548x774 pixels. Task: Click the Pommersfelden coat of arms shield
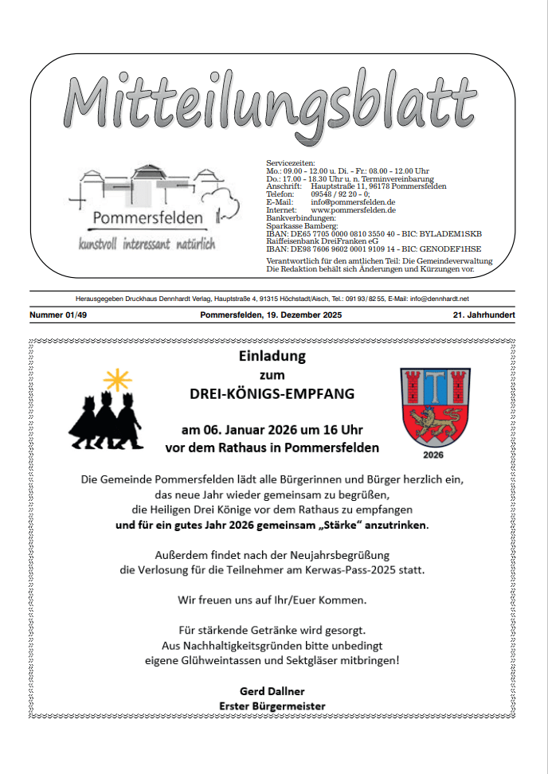[x=433, y=409]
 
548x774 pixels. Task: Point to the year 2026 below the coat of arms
[x=433, y=456]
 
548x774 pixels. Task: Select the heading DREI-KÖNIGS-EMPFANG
[x=272, y=394]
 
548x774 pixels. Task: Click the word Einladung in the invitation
[x=272, y=356]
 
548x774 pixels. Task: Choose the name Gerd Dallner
[x=272, y=690]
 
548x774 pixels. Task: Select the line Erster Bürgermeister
[x=272, y=706]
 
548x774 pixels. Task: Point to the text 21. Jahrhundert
[x=482, y=316]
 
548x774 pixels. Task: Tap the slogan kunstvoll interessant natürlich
[x=147, y=244]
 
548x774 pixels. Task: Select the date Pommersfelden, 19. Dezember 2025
[x=272, y=316]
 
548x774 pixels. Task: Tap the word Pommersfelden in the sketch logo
[x=147, y=217]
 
